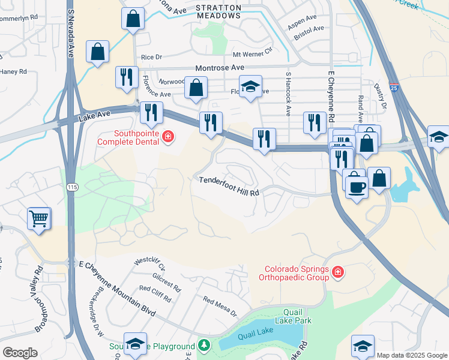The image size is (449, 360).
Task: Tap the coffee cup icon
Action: point(357,187)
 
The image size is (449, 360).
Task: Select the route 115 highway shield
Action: point(73,188)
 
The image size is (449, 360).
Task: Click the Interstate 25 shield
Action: point(393,88)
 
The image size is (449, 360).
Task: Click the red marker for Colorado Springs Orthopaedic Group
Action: point(338,273)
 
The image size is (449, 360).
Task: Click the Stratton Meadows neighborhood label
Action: point(218,12)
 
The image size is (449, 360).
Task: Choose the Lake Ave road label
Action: point(95,114)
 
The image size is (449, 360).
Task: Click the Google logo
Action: point(20,353)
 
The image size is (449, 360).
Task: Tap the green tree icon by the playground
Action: point(204,346)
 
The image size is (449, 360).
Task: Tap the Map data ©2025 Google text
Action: point(412,355)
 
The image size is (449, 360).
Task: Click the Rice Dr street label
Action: point(151,57)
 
